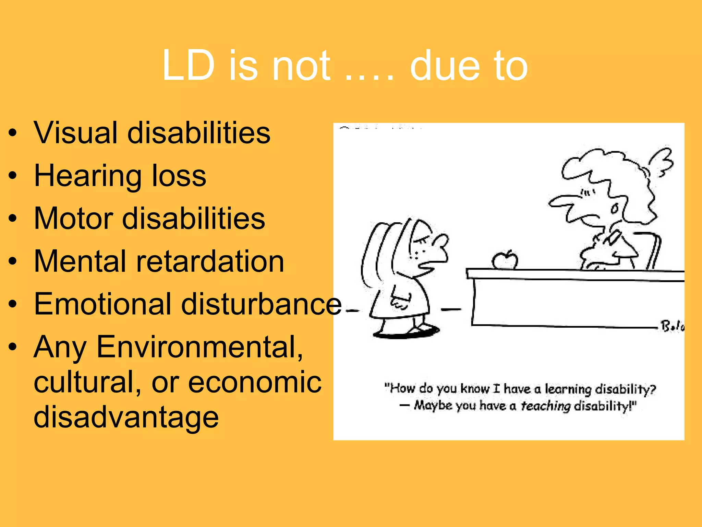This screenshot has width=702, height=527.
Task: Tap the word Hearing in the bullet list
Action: coord(87,176)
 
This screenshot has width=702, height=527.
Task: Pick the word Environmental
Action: coord(199,347)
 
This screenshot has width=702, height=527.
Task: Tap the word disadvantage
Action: coord(126,417)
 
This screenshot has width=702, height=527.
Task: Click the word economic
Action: coord(255,382)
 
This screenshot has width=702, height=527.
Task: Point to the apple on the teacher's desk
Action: coord(505,260)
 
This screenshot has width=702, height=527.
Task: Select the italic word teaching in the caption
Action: coord(545,406)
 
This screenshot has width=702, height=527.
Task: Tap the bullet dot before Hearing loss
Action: coord(13,176)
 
